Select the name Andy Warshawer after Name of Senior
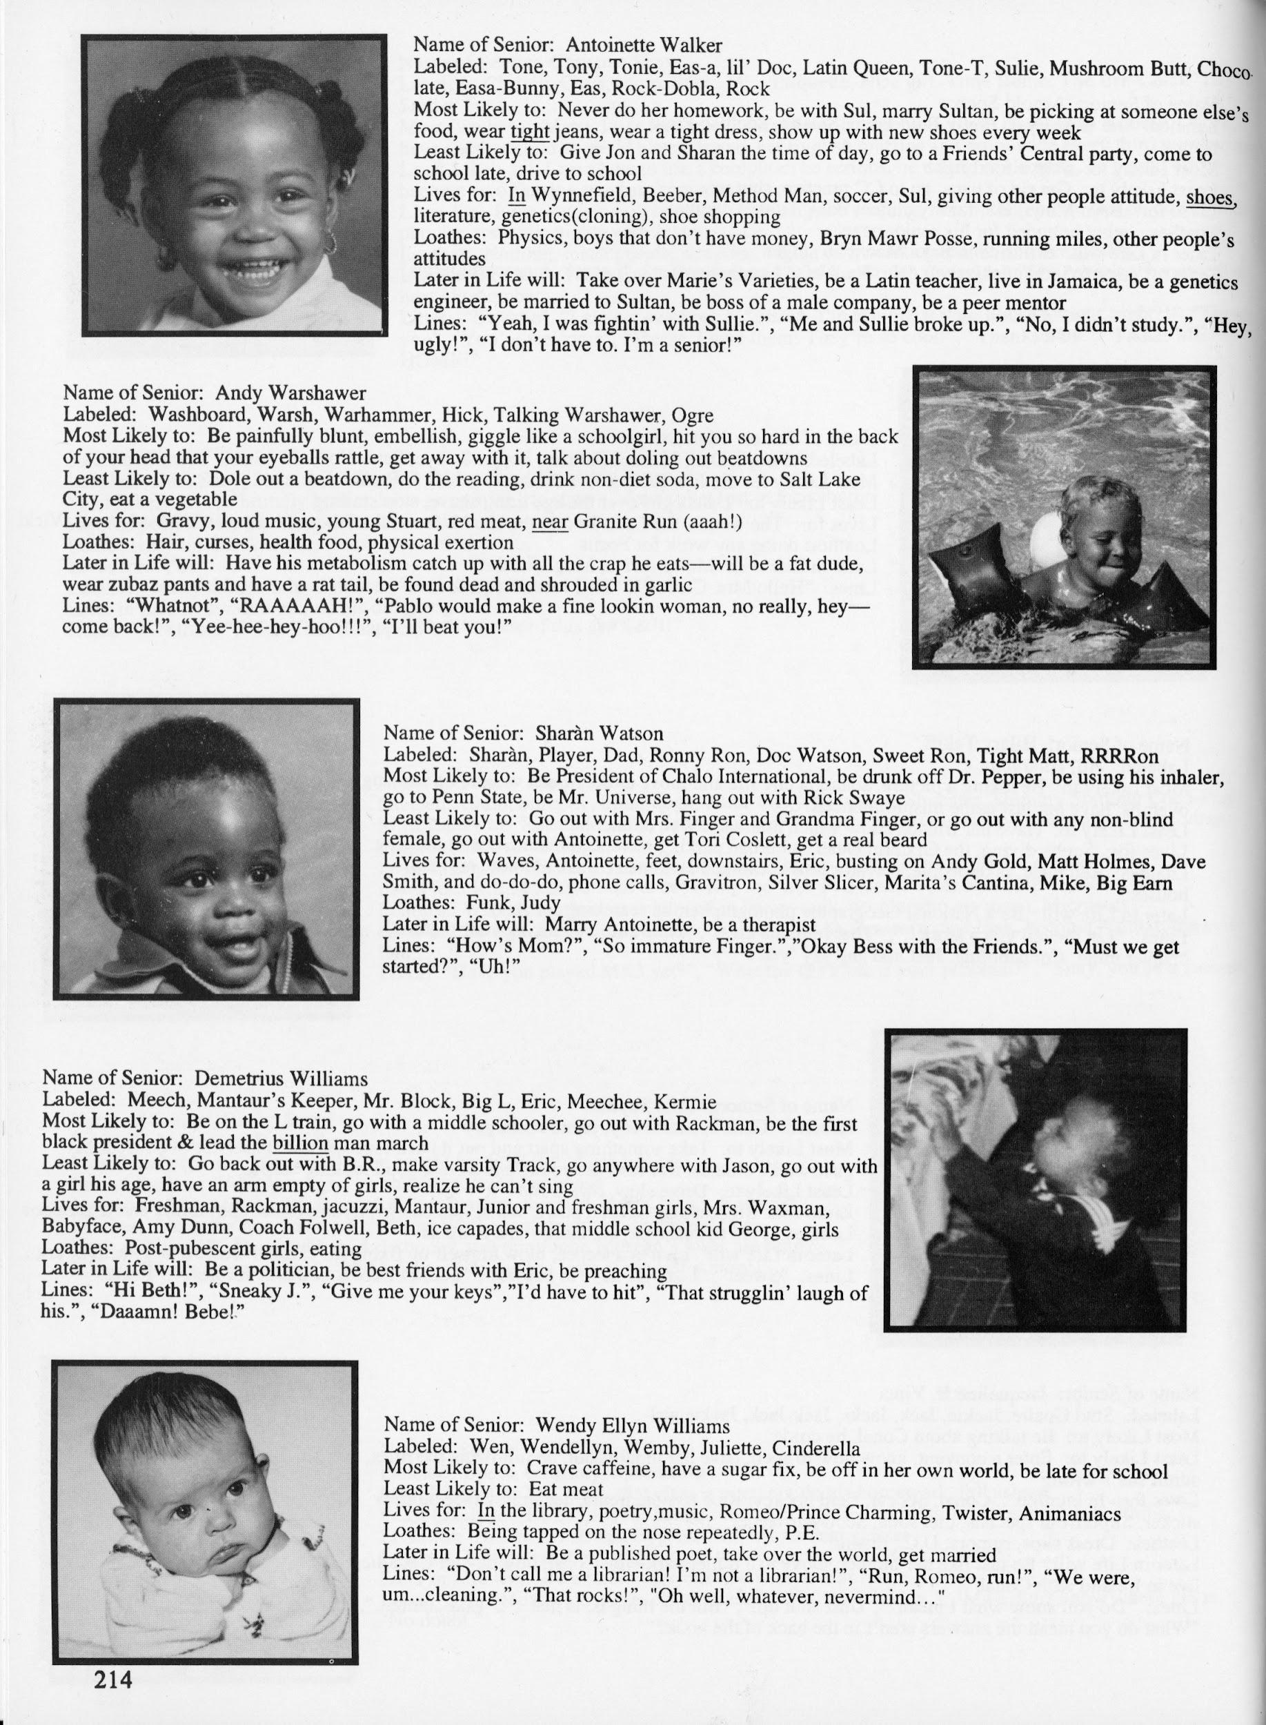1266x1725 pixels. click(x=290, y=393)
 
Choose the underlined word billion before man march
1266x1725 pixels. click(x=300, y=1143)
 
